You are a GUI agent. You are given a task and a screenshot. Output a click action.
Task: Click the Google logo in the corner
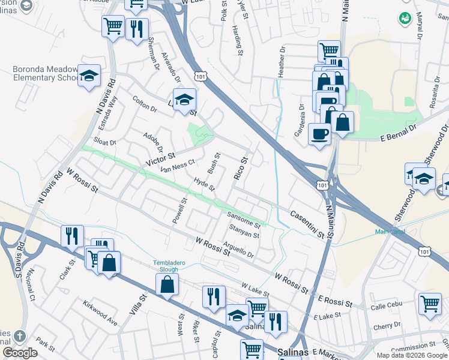[x=20, y=353]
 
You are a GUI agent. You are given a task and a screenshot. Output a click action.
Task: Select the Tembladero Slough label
[x=167, y=266]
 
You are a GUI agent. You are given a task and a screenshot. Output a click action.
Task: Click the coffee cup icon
[x=319, y=133]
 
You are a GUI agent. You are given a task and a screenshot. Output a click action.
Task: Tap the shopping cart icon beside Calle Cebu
[x=430, y=302]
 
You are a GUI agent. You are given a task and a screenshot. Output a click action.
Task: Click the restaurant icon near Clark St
[x=72, y=235]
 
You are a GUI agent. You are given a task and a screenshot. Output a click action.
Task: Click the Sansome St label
[x=243, y=220]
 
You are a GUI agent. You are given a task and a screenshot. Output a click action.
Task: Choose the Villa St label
[x=142, y=305]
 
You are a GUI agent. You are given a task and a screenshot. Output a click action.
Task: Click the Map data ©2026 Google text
[x=412, y=355]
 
